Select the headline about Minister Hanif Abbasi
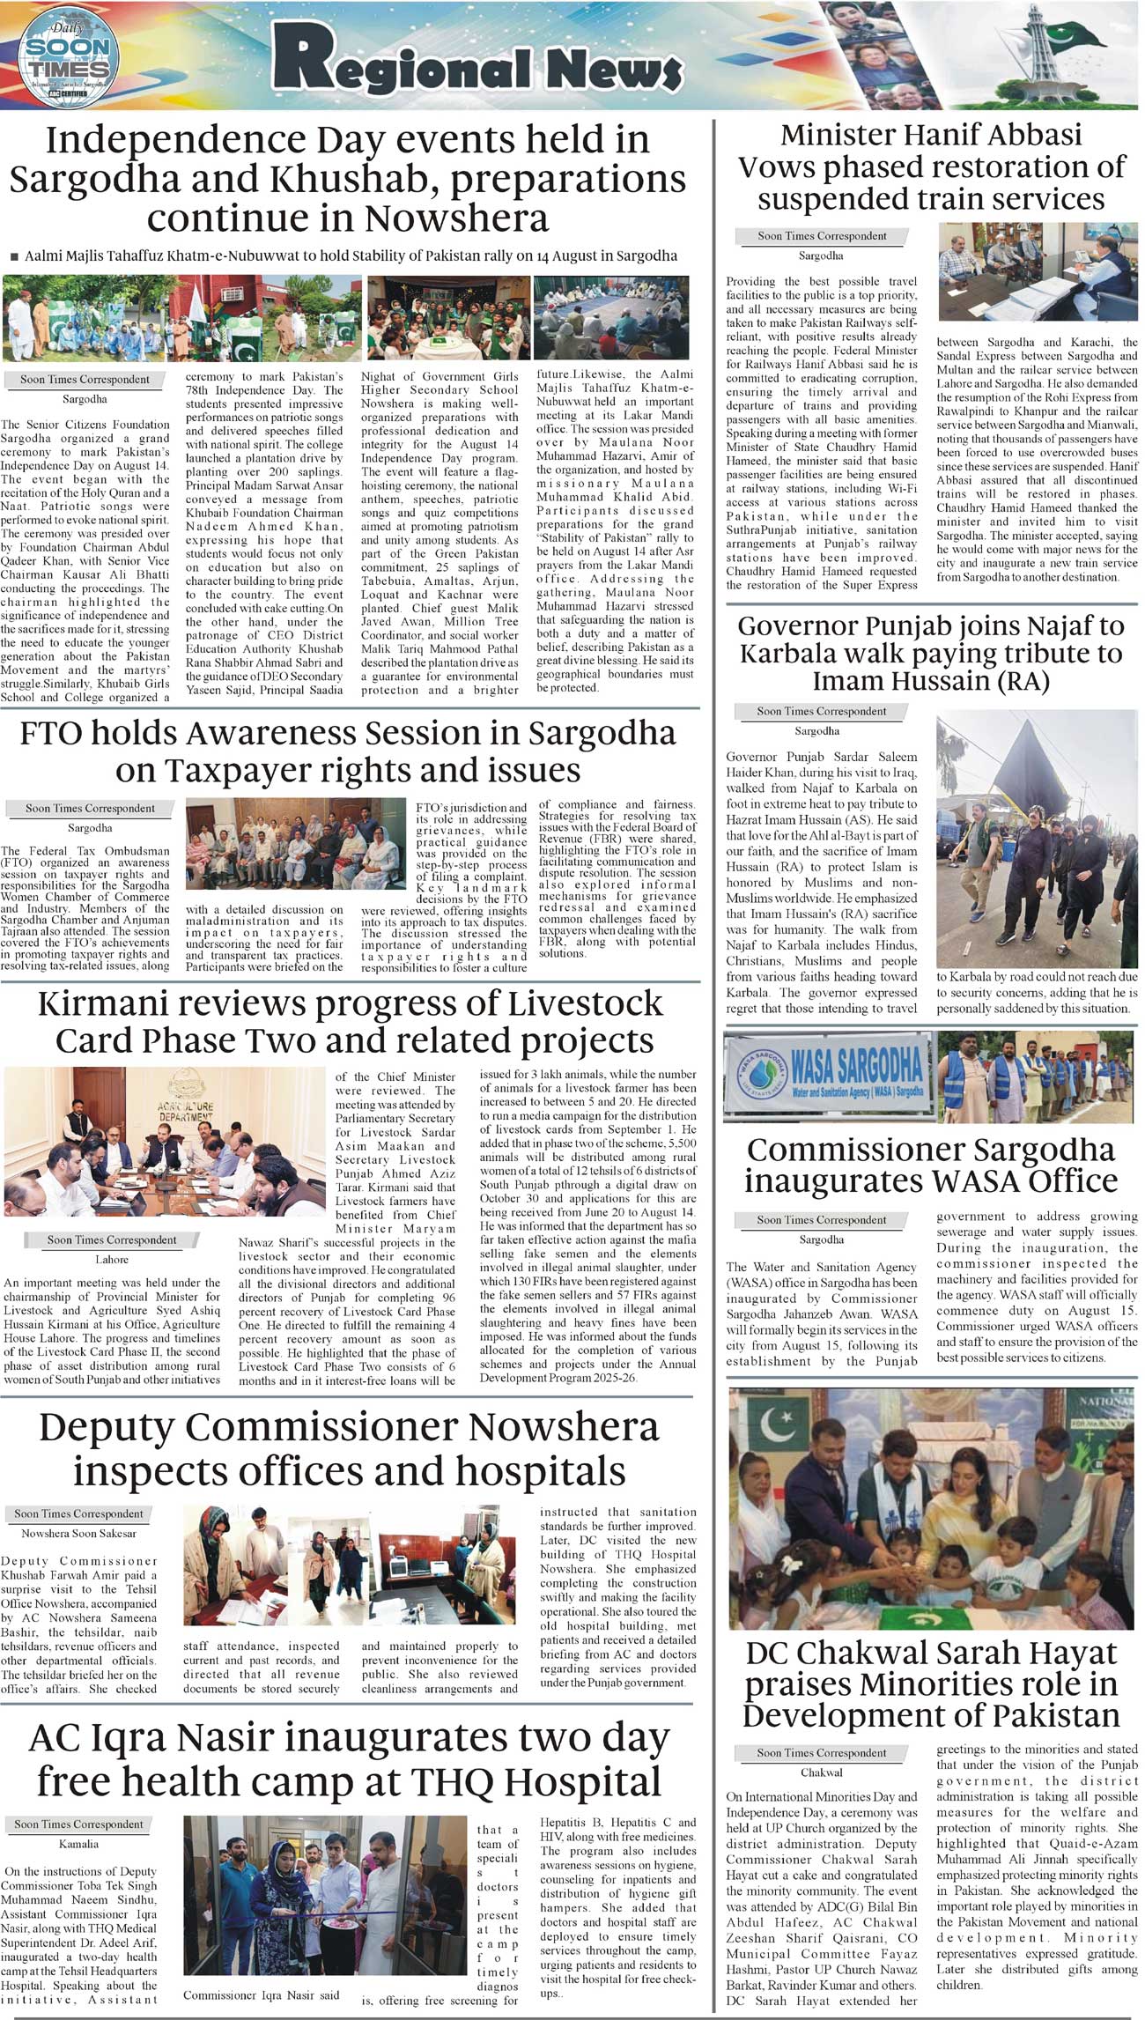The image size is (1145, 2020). [930, 167]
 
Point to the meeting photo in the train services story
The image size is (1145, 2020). [1037, 271]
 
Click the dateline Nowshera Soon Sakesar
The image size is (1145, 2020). [79, 1533]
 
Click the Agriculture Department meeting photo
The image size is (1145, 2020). [165, 1141]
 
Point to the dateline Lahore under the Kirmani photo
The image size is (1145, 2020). [112, 1260]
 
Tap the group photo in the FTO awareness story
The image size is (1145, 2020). [295, 844]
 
